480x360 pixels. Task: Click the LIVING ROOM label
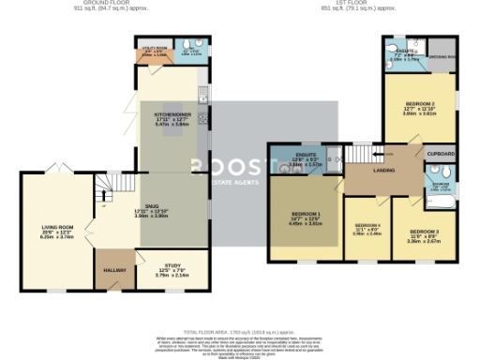[57, 226]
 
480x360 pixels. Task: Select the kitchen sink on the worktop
[202, 95]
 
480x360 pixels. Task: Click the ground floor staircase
[112, 187]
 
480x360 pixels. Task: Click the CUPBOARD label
[442, 154]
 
